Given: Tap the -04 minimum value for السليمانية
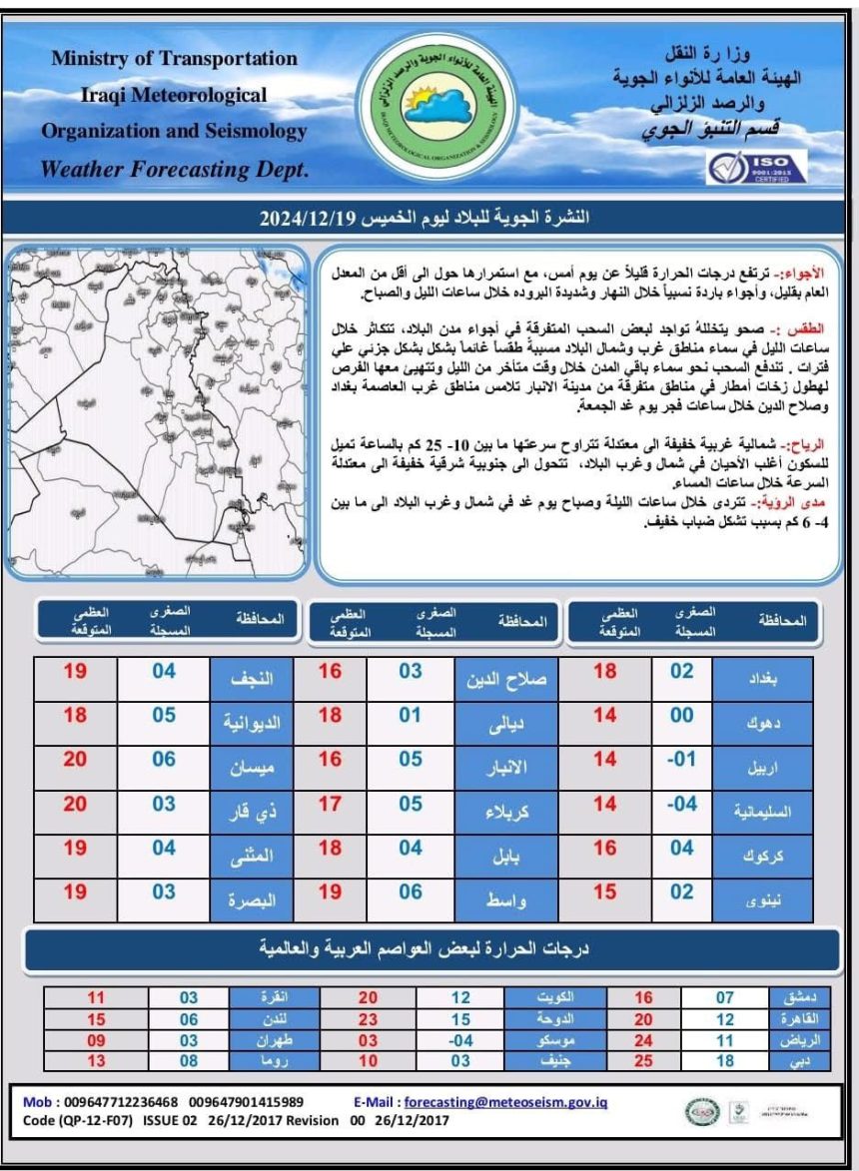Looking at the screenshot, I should pyautogui.click(x=681, y=805).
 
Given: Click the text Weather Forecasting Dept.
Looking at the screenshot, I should pyautogui.click(x=175, y=170).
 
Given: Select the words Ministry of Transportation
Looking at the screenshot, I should pyautogui.click(x=175, y=59).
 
